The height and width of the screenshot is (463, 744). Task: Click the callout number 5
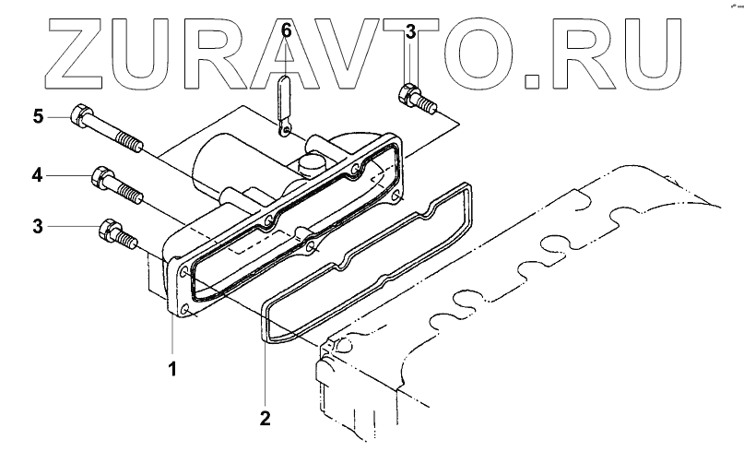(x=39, y=117)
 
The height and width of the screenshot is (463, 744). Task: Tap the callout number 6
(x=286, y=30)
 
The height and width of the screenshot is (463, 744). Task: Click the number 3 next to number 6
(x=411, y=30)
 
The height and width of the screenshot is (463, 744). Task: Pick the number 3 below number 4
(x=39, y=226)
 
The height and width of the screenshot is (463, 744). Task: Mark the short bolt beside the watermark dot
(x=414, y=99)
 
